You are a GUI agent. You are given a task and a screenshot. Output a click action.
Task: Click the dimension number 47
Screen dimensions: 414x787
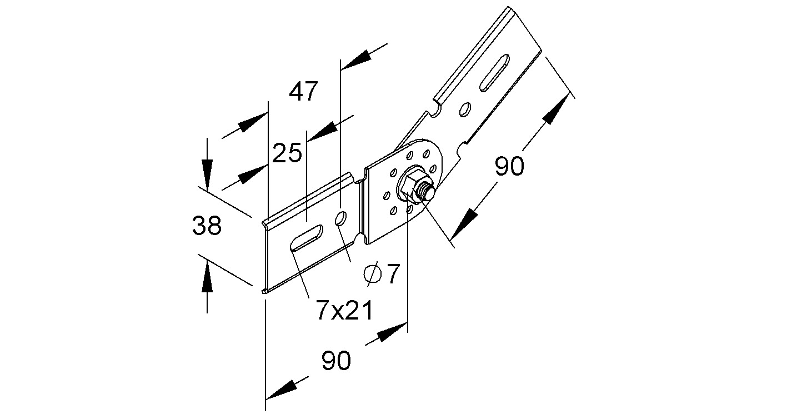click(303, 91)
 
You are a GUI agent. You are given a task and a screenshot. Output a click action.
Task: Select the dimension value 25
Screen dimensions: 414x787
click(287, 152)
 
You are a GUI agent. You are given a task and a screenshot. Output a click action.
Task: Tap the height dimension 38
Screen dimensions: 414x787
click(207, 226)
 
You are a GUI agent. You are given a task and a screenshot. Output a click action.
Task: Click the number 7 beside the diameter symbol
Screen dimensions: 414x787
click(393, 275)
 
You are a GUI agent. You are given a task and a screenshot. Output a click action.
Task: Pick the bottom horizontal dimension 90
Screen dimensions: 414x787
click(336, 361)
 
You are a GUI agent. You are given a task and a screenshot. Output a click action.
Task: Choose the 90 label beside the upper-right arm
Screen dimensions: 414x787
click(509, 166)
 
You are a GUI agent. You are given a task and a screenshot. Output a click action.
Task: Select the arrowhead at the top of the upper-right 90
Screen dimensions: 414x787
click(558, 109)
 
